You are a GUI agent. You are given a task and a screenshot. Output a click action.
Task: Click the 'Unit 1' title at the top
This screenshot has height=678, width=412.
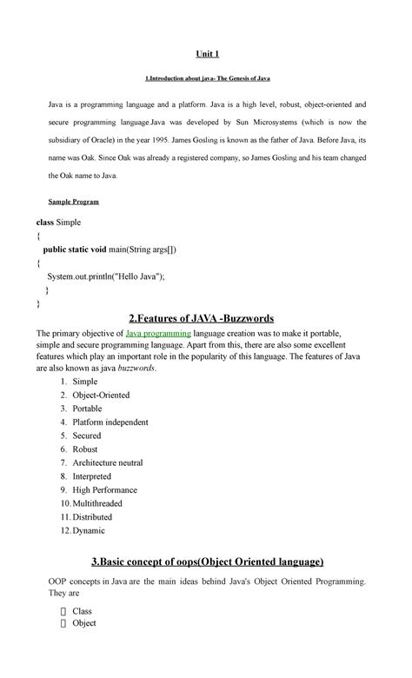(x=206, y=54)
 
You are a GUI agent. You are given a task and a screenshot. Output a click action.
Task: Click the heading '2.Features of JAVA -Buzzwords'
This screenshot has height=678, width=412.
(x=206, y=317)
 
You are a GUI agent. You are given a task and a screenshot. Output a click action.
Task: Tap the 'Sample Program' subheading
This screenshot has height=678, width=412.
(x=73, y=202)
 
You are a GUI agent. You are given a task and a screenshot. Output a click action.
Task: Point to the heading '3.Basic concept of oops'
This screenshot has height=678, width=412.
(x=206, y=562)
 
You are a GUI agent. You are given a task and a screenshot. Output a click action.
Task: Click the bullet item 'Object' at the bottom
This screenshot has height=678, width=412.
(x=84, y=623)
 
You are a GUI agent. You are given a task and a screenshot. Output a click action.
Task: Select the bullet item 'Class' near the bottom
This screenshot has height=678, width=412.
(x=82, y=610)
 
